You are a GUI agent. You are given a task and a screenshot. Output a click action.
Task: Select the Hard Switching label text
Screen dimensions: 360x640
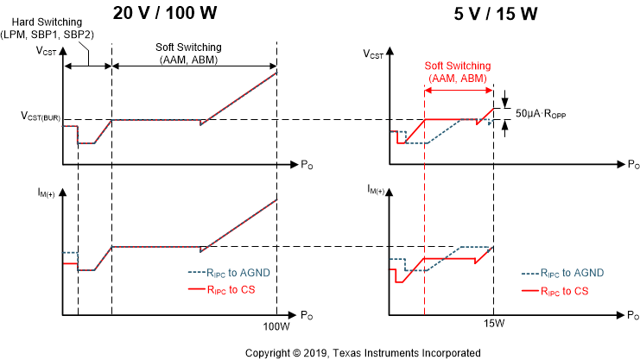click(54, 26)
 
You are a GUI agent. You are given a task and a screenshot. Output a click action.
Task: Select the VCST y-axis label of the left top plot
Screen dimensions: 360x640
click(48, 53)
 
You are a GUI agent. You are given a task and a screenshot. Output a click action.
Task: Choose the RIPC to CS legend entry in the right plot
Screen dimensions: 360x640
click(554, 291)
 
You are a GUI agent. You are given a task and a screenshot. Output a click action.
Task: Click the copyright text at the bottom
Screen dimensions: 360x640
click(363, 352)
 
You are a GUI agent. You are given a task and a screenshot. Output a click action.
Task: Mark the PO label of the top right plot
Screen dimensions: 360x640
click(633, 164)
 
